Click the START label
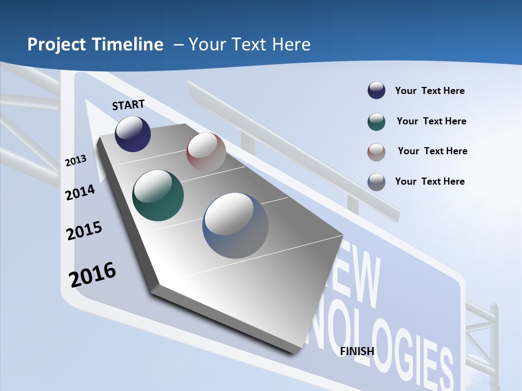[x=128, y=105]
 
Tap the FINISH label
[x=357, y=351]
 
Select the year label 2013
[x=76, y=161]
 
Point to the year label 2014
[x=80, y=192]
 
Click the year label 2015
[x=84, y=231]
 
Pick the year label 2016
[x=92, y=274]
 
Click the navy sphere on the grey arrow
[x=133, y=134]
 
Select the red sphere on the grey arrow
[x=206, y=152]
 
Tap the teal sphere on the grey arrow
[x=158, y=195]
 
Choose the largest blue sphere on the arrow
[x=235, y=225]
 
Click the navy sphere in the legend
[x=376, y=91]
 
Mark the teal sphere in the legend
[x=376, y=122]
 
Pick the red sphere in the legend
[x=376, y=152]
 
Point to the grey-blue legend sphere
[x=376, y=182]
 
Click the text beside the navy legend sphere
[x=430, y=91]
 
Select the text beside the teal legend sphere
[x=431, y=121]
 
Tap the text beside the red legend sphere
[x=432, y=151]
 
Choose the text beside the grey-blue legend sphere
[x=430, y=181]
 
